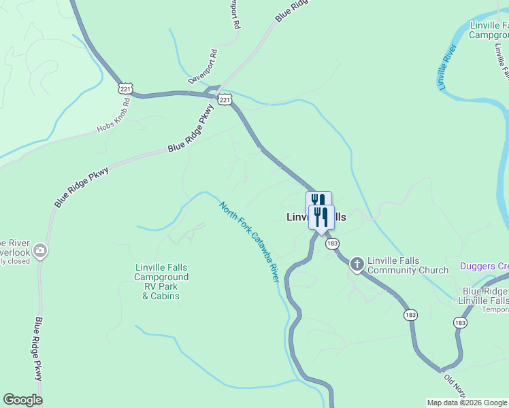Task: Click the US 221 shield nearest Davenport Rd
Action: [x=225, y=99]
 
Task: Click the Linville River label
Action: [x=446, y=69]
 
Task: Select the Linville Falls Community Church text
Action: [x=408, y=266]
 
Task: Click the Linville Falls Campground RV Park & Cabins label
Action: [x=161, y=282]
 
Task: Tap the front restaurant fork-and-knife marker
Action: [x=321, y=217]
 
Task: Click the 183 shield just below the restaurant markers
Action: [x=331, y=243]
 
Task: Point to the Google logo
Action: [x=22, y=400]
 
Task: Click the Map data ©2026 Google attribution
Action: [x=467, y=403]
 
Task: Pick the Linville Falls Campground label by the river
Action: [x=489, y=30]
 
